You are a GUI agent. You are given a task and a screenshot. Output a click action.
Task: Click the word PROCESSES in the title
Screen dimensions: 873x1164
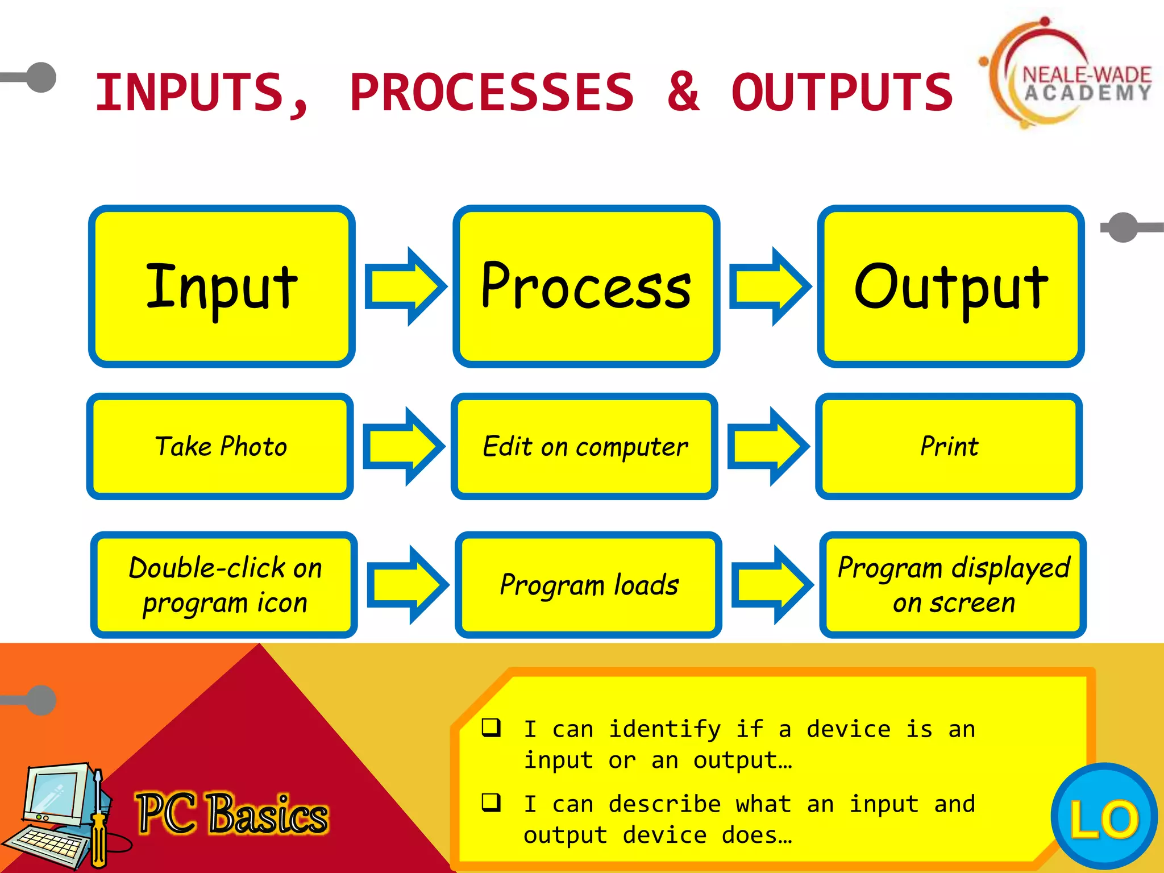[492, 92]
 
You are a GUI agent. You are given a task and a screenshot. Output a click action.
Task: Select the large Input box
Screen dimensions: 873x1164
[222, 286]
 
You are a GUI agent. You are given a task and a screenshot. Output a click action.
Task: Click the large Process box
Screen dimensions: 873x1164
[586, 286]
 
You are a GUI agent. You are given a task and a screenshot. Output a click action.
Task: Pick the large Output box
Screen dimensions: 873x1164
[950, 286]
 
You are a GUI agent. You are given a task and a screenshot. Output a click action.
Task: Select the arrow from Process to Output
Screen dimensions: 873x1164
[769, 286]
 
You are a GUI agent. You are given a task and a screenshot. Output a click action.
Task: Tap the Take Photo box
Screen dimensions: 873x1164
[220, 446]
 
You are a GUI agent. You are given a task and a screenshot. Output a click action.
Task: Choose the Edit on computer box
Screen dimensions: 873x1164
[584, 446]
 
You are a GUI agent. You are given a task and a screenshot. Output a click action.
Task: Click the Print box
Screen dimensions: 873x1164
[949, 446]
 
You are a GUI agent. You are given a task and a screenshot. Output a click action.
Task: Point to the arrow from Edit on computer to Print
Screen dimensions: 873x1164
[767, 446]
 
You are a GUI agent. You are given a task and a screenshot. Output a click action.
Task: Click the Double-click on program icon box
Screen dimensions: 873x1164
[224, 585]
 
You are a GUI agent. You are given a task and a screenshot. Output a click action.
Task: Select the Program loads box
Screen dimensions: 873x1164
[588, 585]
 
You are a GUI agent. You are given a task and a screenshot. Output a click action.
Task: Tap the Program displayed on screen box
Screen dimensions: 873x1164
[953, 585]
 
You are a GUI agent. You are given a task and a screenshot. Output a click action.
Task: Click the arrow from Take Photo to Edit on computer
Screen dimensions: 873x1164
[403, 446]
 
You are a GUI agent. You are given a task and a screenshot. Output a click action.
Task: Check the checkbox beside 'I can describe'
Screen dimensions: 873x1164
[491, 802]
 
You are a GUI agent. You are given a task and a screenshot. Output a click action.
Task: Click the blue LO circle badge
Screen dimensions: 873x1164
[1104, 817]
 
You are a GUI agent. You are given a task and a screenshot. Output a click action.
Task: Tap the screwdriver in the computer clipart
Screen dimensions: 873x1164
[99, 818]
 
